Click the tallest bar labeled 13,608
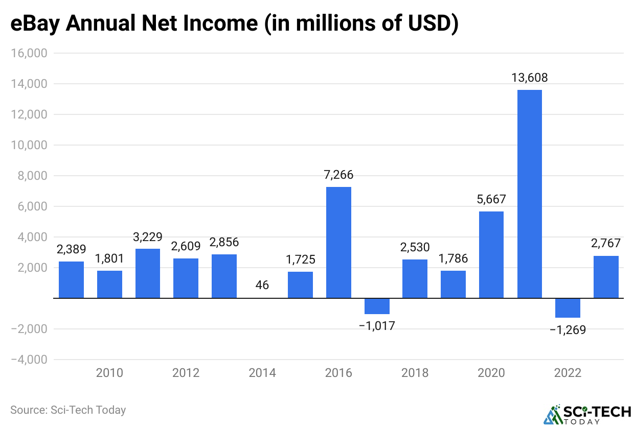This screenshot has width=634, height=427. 529,194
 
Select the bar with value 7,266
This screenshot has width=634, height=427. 338,243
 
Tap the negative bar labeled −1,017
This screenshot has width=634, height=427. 377,306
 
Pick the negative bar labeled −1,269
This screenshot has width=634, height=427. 568,308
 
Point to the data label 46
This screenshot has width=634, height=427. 262,285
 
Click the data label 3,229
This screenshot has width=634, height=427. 147,237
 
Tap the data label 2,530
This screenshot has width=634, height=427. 415,248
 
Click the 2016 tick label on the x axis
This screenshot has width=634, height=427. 338,373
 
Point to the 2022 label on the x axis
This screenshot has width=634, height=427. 568,373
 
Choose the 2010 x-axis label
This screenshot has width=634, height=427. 109,373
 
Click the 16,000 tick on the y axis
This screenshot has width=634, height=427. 29,53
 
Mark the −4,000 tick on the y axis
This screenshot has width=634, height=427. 29,360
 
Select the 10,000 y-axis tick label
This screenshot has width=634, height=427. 29,145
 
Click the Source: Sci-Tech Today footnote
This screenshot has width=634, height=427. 68,410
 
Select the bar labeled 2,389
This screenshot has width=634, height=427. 71,280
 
